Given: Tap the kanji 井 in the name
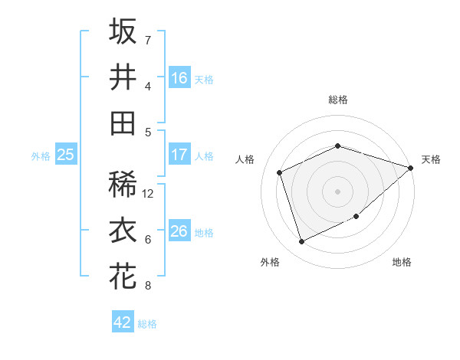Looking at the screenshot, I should tap(123, 77).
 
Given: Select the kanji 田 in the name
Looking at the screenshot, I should tap(123, 123).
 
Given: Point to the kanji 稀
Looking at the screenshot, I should tap(123, 185).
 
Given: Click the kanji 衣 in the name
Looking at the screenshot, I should tap(123, 231).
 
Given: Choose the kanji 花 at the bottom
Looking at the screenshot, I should tap(123, 277).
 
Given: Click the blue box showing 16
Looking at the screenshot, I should tap(179, 77).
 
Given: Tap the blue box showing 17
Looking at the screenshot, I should tap(179, 155).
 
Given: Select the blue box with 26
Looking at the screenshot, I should tap(179, 231).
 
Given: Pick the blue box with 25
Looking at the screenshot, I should tap(65, 155).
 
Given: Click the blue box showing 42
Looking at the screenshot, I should tap(123, 322).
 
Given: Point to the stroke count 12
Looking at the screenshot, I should tap(149, 194).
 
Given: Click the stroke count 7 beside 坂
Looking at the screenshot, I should tap(148, 40).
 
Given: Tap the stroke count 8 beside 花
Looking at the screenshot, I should tap(148, 286).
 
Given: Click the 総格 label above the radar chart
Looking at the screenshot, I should tap(338, 100).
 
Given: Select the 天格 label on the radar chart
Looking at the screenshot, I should tap(431, 159).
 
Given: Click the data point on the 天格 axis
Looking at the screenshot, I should tap(410, 168).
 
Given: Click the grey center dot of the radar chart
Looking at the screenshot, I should tap(338, 191).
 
